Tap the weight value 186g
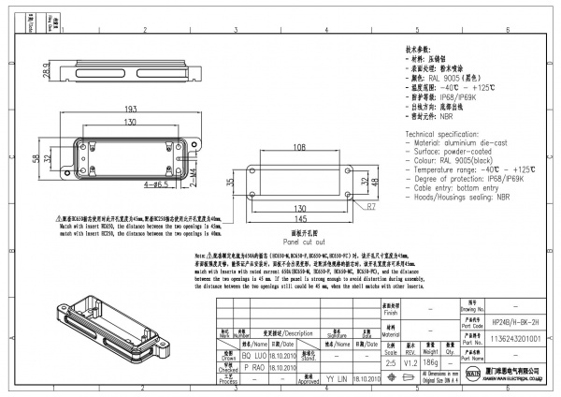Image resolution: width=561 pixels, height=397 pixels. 431,360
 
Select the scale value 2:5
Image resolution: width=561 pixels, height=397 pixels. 389,360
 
